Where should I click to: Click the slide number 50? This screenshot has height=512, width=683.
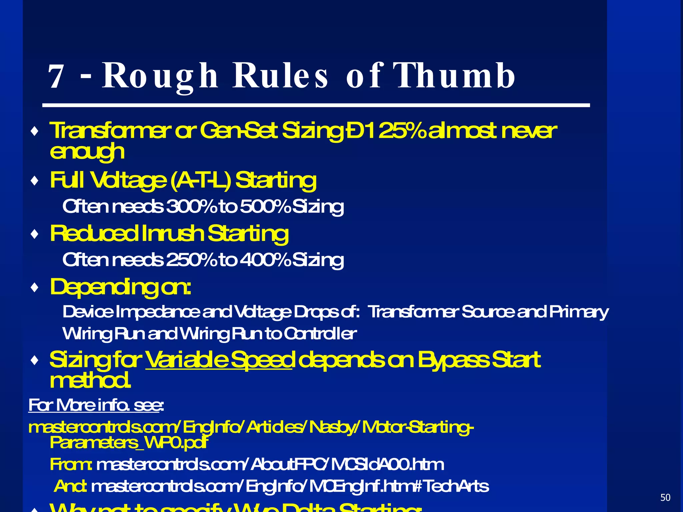[x=665, y=497]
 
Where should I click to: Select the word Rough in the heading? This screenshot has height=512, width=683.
[x=160, y=77]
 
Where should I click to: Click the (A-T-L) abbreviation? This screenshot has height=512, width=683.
[x=200, y=180]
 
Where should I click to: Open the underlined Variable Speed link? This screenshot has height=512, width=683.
[x=219, y=360]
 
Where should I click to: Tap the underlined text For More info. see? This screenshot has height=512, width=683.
[x=96, y=405]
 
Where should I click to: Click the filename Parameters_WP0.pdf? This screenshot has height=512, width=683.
[x=129, y=443]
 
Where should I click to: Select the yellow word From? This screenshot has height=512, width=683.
[x=71, y=464]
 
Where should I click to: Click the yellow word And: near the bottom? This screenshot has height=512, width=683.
[x=71, y=486]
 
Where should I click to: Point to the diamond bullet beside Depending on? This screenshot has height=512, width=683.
[x=34, y=287]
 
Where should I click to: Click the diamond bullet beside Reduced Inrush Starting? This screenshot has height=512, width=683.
[x=34, y=234]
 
